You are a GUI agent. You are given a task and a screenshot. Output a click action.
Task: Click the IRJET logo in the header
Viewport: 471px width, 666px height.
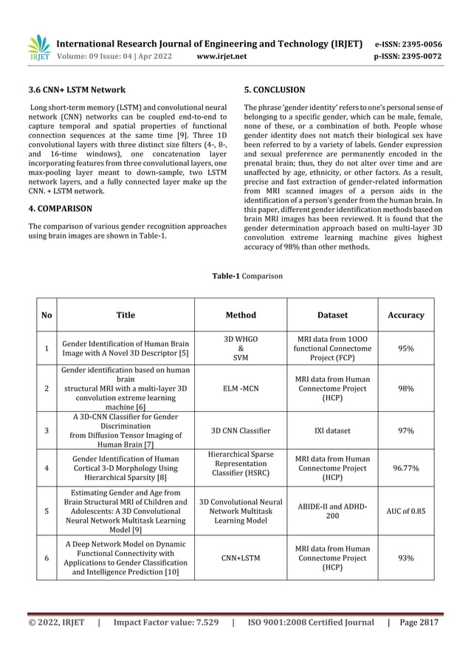tap(38, 47)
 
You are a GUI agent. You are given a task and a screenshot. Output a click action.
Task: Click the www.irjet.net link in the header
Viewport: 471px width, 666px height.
tap(222, 55)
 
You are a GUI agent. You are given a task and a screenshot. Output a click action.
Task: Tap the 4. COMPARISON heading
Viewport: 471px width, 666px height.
tap(60, 209)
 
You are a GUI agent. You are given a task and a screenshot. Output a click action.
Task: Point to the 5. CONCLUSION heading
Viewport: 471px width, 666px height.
tap(274, 90)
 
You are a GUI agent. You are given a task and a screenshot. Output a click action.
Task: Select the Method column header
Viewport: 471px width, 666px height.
tap(241, 315)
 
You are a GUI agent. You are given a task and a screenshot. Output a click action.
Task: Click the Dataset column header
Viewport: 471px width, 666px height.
tap(331, 315)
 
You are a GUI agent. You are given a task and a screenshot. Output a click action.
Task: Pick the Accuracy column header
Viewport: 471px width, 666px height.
tap(406, 315)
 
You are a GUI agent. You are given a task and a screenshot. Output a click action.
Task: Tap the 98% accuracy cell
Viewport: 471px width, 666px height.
tap(406, 388)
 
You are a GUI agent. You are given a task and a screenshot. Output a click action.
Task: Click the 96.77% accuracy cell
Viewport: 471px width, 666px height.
tap(406, 468)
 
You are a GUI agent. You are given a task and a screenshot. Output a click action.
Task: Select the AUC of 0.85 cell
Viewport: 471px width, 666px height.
tap(406, 509)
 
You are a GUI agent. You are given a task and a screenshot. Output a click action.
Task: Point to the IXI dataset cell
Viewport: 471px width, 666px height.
tap(331, 430)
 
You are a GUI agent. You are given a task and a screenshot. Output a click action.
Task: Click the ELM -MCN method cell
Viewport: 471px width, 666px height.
tap(241, 388)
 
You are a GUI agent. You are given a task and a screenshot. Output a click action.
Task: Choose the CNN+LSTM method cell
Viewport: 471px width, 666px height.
tap(241, 559)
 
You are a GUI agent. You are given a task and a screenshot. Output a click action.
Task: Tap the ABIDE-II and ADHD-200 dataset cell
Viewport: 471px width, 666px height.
tap(331, 509)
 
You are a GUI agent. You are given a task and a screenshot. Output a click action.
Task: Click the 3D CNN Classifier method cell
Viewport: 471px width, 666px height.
tap(241, 430)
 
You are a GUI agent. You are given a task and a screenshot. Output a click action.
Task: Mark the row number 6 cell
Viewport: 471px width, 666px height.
tap(47, 559)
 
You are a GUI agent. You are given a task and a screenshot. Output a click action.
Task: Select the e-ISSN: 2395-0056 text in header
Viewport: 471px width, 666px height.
tap(408, 44)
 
